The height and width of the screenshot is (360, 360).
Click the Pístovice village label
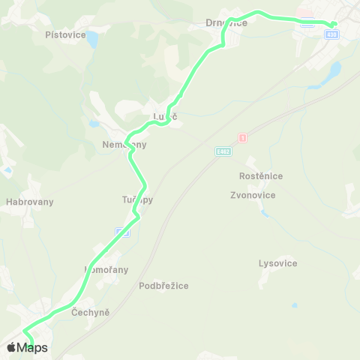[65, 34]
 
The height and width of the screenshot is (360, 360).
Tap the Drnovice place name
[226, 23]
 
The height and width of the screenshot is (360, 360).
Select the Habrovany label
[29, 202]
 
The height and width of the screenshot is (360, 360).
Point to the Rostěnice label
[260, 176]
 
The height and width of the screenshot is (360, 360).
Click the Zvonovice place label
[253, 195]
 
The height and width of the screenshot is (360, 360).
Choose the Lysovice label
[277, 263]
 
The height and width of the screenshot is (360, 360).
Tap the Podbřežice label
[163, 286]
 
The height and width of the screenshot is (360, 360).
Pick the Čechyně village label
[91, 311]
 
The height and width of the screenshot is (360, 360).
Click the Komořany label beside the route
[106, 269]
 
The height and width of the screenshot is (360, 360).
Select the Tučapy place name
[137, 200]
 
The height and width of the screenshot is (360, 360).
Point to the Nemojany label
[124, 144]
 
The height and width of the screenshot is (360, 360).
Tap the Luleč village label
[165, 117]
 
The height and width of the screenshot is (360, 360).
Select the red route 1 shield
[242, 138]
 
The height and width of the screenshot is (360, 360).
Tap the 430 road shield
[331, 34]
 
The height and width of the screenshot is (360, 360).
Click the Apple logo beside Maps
[11, 347]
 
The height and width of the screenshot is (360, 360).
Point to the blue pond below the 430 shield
[334, 71]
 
